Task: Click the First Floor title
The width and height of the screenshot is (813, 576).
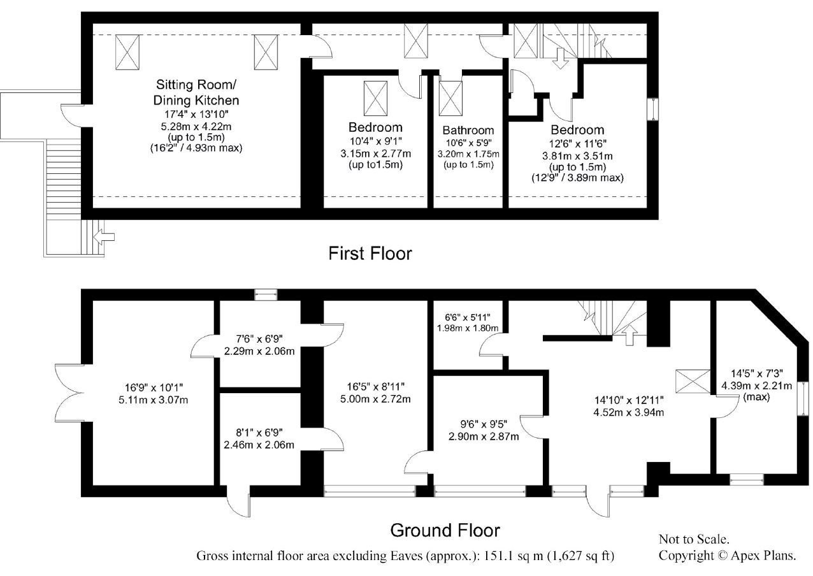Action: (x=370, y=254)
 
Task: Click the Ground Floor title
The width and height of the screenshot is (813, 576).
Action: (x=445, y=530)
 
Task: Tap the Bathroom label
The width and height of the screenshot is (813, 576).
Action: (x=468, y=130)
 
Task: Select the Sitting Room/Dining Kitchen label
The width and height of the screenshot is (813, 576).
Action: (x=196, y=92)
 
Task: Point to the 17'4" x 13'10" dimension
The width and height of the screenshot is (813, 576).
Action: (x=196, y=114)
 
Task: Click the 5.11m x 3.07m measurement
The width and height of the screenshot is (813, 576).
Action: (x=153, y=400)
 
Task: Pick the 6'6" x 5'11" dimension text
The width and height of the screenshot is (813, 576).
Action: (x=468, y=317)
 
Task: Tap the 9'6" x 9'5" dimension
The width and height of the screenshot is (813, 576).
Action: (x=484, y=424)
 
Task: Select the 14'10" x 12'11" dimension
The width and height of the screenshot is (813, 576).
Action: (x=629, y=400)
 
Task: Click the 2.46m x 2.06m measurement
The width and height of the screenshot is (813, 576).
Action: (x=259, y=445)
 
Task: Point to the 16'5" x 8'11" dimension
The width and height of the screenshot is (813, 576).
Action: (x=376, y=387)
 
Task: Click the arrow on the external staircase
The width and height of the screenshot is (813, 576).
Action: (x=104, y=237)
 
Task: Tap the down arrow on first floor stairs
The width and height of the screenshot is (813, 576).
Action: (x=561, y=58)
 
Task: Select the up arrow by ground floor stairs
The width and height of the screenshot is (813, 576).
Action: (x=630, y=335)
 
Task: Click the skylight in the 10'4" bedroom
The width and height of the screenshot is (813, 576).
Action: (x=375, y=98)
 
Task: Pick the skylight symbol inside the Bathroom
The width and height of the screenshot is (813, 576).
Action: (x=450, y=98)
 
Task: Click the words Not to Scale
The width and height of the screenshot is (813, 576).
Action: (x=694, y=539)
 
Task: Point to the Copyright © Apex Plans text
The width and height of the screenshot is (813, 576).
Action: (x=728, y=556)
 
